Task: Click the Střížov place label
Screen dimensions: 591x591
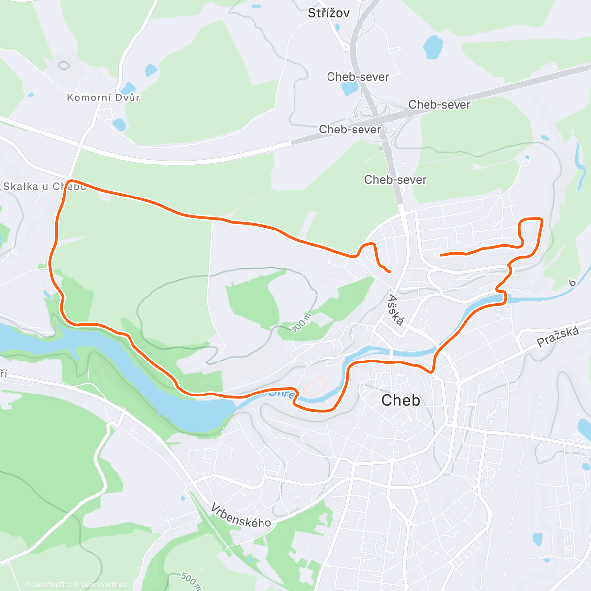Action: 328,13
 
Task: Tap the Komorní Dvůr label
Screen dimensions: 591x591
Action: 103,97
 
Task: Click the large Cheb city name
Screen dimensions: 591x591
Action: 401,400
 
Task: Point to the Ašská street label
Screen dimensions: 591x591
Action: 395,310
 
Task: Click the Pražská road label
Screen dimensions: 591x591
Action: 558,337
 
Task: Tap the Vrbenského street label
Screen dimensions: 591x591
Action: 241,515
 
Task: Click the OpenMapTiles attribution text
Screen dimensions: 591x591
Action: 52,585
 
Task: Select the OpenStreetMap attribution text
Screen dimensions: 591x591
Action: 103,585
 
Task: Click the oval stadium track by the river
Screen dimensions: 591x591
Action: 314,387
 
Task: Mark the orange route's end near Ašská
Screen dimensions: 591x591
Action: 390,271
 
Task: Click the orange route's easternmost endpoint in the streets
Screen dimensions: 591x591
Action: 441,255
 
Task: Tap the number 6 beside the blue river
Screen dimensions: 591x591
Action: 572,283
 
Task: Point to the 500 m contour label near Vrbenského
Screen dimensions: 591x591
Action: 190,580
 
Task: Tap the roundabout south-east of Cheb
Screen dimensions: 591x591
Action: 476,491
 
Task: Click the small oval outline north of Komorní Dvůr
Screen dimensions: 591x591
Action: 64,65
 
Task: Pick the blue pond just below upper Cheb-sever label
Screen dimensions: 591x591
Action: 350,89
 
